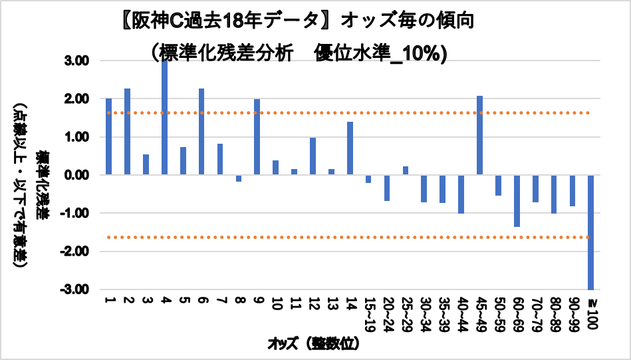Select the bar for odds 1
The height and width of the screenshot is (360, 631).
pyautogui.click(x=108, y=136)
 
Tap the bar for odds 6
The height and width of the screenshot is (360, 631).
pyautogui.click(x=201, y=132)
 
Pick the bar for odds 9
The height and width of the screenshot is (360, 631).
pyautogui.click(x=257, y=137)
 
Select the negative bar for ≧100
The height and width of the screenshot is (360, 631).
pyautogui.click(x=590, y=232)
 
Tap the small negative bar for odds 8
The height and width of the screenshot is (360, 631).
pyautogui.click(x=239, y=178)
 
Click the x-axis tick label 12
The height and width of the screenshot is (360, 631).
pyautogui.click(x=313, y=305)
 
